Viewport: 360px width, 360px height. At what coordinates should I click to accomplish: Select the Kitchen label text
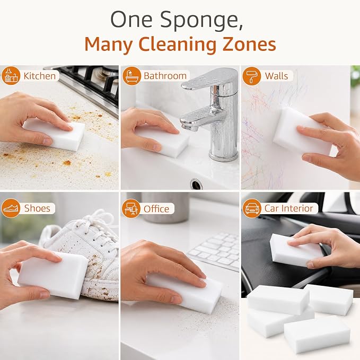[x=39, y=76]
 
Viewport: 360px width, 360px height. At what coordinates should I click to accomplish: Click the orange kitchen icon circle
[x=11, y=76]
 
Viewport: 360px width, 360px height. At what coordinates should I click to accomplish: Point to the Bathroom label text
[x=165, y=76]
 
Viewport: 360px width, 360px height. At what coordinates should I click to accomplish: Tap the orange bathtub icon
[x=131, y=76]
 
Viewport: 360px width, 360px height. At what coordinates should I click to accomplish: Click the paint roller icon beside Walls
[x=252, y=76]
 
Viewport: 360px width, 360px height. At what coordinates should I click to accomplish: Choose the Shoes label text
[x=37, y=208]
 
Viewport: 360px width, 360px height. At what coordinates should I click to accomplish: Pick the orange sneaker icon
[x=11, y=208]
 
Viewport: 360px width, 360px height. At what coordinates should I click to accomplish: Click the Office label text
[x=156, y=209]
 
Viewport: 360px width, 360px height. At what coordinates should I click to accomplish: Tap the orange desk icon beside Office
[x=131, y=208]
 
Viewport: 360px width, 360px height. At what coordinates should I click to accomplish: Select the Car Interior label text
[x=288, y=208]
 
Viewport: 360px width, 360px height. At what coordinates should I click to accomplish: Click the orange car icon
[x=252, y=208]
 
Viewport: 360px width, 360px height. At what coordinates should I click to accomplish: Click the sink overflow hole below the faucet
[x=196, y=184]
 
